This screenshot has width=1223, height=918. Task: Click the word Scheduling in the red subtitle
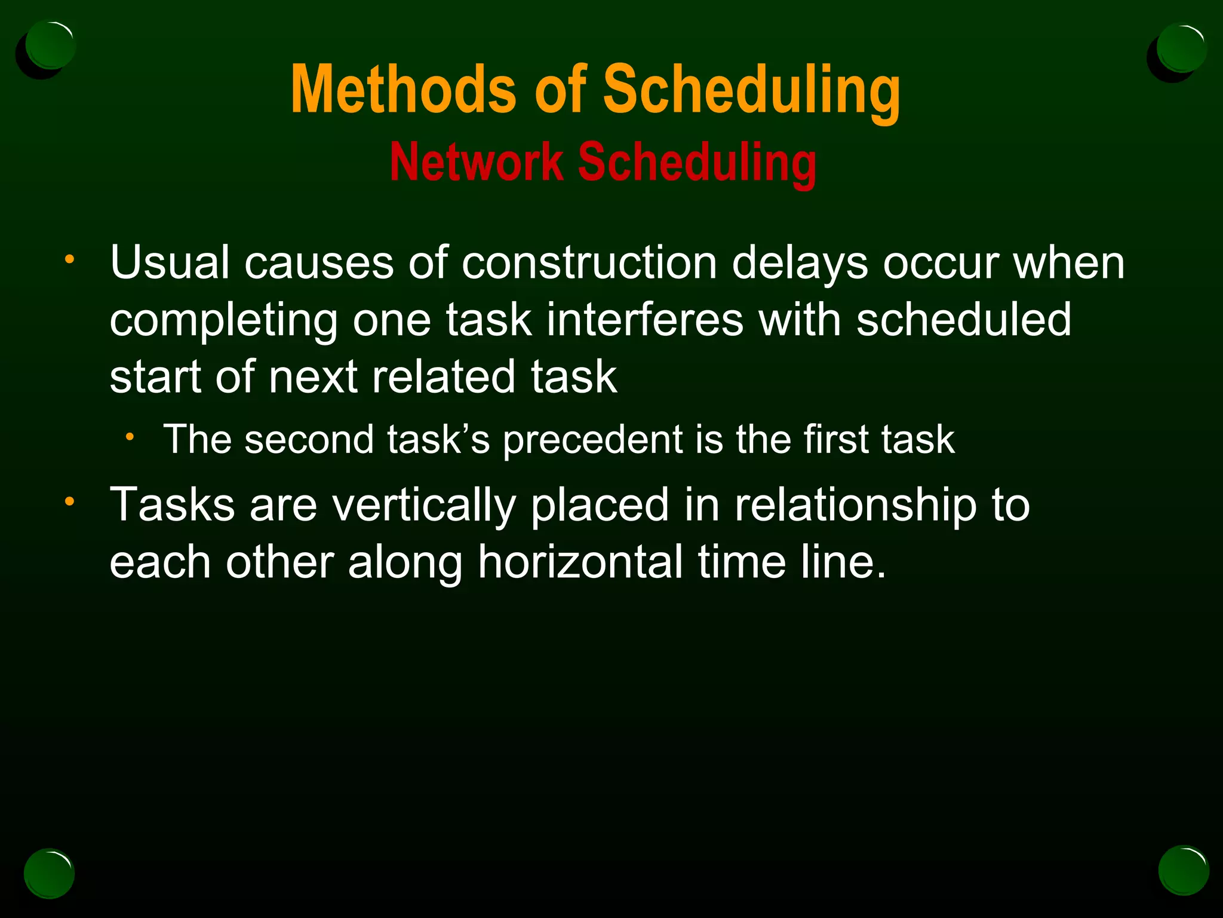coord(696,162)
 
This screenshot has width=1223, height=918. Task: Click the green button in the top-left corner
coord(50,45)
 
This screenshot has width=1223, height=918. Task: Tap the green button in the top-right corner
coord(1181,48)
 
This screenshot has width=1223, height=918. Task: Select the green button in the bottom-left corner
coord(49,873)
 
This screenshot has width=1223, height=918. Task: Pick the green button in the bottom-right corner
coord(1183,871)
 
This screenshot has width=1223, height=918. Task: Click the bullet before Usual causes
coord(70,259)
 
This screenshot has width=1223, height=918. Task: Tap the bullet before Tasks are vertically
coord(70,501)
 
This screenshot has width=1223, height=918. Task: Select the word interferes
coord(644,320)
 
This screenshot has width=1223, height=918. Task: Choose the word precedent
coord(592,440)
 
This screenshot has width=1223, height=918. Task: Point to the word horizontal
coord(580,562)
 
